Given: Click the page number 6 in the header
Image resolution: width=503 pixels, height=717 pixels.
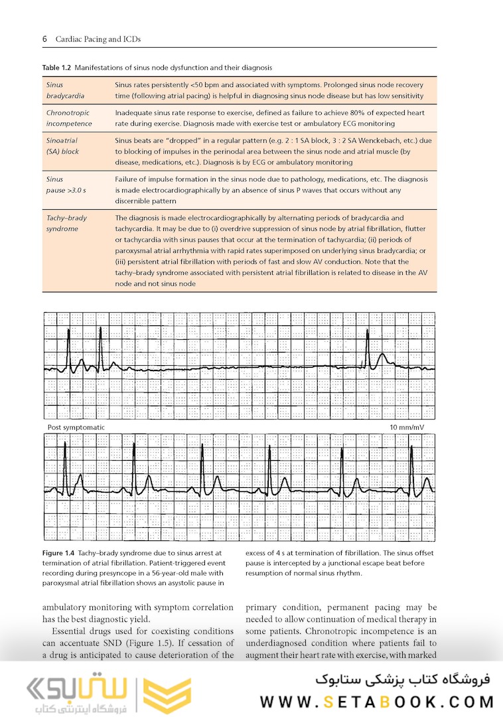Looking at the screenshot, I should click(x=44, y=39).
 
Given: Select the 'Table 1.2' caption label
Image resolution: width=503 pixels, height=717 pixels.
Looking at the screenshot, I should click(x=56, y=68).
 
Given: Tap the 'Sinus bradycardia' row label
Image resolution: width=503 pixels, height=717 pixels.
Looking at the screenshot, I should click(x=65, y=90).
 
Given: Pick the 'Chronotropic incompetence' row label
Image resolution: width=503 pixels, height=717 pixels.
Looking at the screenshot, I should click(x=70, y=118).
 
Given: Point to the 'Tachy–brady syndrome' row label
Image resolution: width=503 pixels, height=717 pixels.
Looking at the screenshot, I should click(x=66, y=223).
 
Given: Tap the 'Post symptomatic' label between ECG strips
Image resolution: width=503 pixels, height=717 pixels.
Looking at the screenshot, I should click(x=76, y=427).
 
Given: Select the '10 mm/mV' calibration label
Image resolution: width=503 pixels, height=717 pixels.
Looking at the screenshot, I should click(x=406, y=427).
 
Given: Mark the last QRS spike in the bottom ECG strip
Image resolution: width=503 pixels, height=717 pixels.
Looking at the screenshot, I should click(x=411, y=468).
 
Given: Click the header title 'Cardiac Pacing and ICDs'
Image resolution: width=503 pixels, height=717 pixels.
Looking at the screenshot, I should click(x=98, y=39).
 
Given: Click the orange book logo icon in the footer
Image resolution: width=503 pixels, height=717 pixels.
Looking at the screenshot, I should click(x=157, y=693).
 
